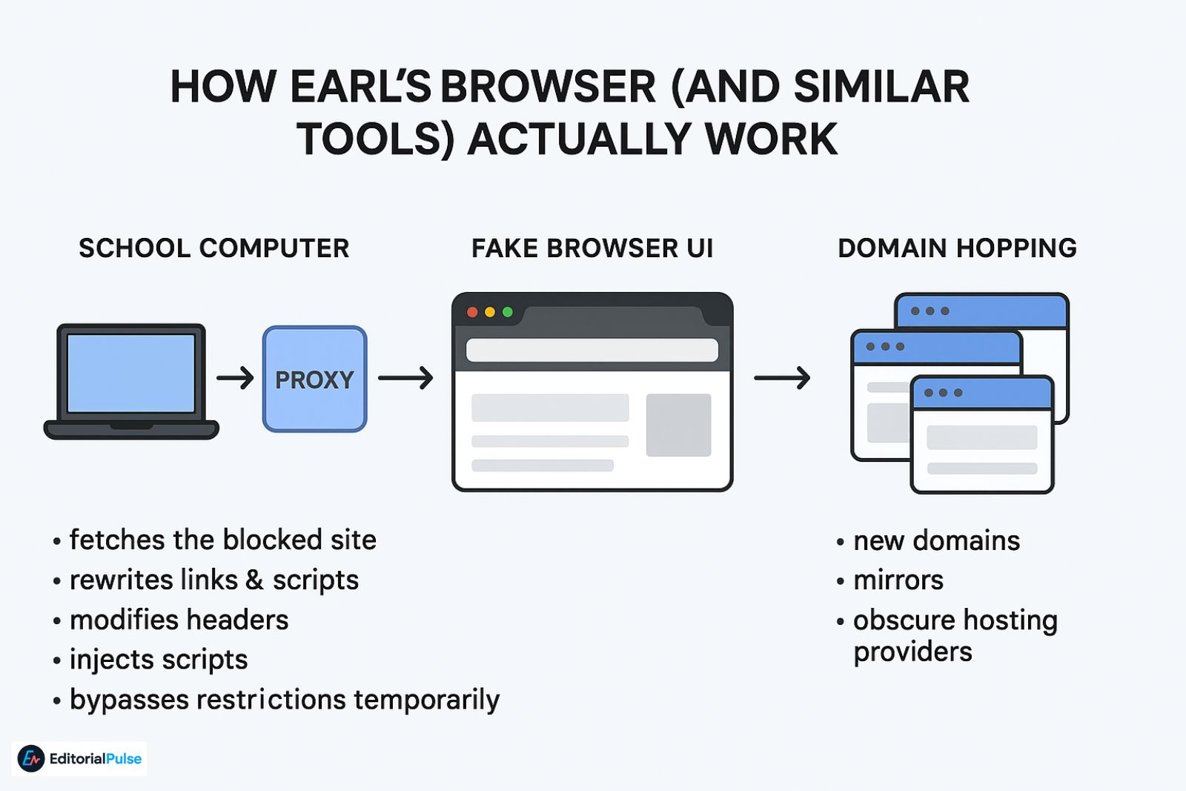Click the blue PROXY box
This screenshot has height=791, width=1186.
[314, 379]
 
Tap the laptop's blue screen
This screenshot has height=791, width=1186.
[131, 373]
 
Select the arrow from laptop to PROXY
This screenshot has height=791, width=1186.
[236, 378]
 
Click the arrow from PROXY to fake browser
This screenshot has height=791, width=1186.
[405, 378]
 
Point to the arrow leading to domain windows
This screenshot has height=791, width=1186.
[782, 378]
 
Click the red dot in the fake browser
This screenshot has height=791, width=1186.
[472, 312]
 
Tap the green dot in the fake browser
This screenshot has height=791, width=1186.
[508, 312]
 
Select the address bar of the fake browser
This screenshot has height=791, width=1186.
[592, 350]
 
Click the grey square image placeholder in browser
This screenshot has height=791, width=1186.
[678, 425]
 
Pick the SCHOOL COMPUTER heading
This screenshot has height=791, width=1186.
[213, 248]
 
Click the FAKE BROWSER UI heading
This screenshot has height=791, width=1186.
[592, 248]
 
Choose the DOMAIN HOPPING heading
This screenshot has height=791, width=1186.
[957, 248]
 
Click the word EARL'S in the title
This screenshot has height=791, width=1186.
[360, 87]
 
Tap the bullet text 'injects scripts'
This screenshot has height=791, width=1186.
[159, 659]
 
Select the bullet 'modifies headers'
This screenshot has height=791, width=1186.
[179, 620]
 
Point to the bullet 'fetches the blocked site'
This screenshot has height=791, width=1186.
[222, 540]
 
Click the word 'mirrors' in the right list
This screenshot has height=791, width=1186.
[898, 580]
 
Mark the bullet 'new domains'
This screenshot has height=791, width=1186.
[936, 540]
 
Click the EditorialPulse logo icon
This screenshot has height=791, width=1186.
[31, 758]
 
